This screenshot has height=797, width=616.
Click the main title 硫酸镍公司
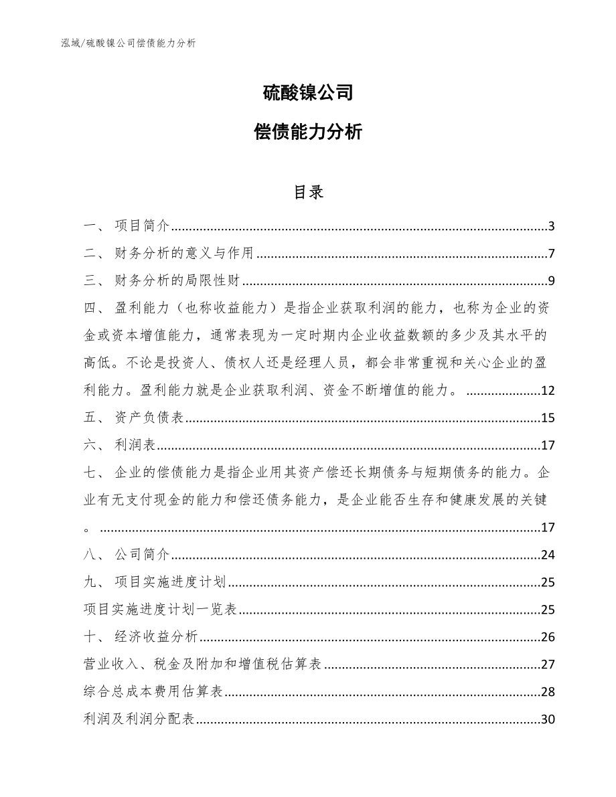[x=307, y=93]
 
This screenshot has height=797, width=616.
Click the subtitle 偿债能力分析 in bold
[x=307, y=132]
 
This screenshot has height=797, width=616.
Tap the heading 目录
[x=307, y=193]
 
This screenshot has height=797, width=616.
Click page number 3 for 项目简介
[x=551, y=226]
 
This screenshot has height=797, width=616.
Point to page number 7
[x=551, y=254]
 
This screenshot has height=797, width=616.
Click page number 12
[x=548, y=391]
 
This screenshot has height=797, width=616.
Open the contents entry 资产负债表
[x=149, y=419]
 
